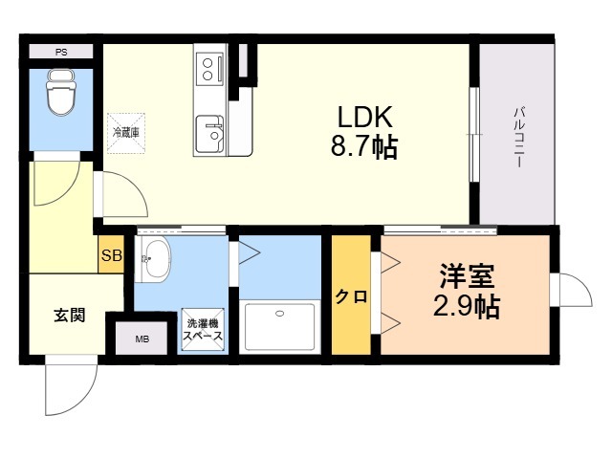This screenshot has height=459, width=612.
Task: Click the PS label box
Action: [x=61, y=52]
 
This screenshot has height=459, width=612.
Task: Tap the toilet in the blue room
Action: [x=60, y=93]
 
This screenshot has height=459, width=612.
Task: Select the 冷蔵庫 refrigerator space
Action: [x=126, y=133]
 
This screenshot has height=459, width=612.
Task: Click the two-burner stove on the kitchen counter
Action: [x=209, y=69]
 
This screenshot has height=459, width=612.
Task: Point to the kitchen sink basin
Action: [x=209, y=134]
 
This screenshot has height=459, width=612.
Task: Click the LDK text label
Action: [x=364, y=117]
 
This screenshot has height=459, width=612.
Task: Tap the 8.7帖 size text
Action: [x=364, y=146]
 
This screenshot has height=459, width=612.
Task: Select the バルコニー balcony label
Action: [x=518, y=137]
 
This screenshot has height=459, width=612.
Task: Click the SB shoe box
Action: [x=112, y=255]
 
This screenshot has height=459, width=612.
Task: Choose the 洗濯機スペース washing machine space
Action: [x=203, y=330]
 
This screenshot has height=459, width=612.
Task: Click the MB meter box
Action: [x=142, y=339]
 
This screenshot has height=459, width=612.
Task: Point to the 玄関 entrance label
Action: [x=70, y=315]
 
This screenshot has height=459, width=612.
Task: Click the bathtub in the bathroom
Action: [x=279, y=327]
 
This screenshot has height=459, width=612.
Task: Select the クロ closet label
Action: [x=351, y=296]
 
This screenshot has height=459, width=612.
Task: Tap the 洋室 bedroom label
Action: [x=467, y=276]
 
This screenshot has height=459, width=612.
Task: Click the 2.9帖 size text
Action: [x=467, y=306]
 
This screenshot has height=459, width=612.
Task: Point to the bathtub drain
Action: [x=279, y=313]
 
